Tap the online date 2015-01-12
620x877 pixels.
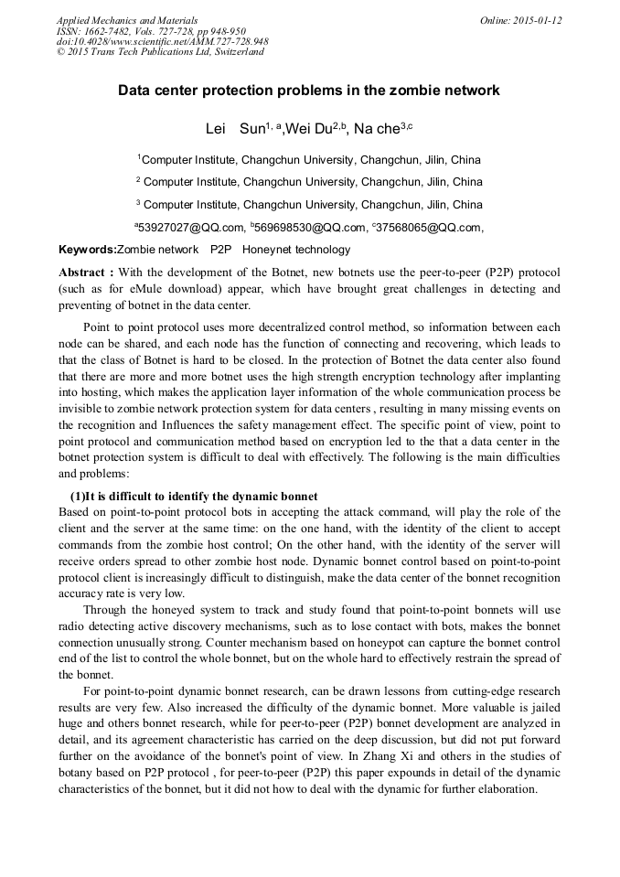coord(534,19)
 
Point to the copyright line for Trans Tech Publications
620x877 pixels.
coord(160,52)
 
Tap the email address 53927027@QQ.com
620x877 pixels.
coord(189,228)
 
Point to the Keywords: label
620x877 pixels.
coord(87,250)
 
